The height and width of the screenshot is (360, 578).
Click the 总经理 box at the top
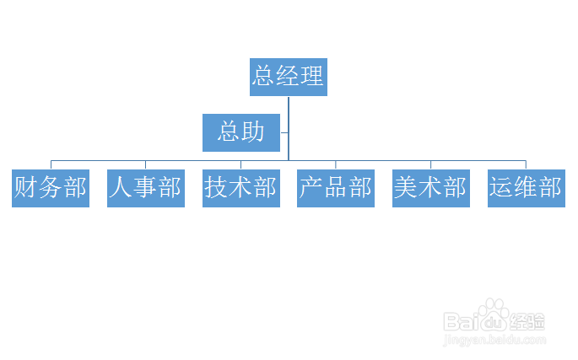289,77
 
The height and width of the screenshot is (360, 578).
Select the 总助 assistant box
241,132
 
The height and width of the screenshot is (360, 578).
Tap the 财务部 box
51,188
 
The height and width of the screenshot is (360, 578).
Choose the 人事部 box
146,188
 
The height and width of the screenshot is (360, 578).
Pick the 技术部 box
241,188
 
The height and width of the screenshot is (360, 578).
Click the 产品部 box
336,188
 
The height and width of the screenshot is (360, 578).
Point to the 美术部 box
431,188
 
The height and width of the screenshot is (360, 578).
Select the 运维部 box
527,188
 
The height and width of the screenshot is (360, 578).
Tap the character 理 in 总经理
312,76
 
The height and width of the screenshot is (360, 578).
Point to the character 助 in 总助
253,132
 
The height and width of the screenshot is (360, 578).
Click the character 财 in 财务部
25,187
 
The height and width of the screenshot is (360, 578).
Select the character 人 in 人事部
121,187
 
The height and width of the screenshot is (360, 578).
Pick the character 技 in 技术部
216,187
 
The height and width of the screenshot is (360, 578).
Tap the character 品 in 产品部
336,187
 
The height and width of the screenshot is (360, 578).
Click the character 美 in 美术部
406,187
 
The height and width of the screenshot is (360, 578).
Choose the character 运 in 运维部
501,187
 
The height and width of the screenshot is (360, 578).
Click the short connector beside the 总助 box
284,132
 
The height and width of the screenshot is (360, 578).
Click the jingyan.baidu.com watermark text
494,340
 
